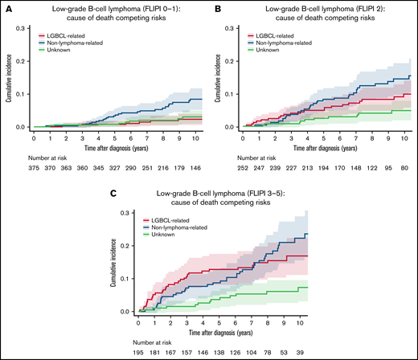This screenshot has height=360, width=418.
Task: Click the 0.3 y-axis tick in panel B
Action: point(228,28)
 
